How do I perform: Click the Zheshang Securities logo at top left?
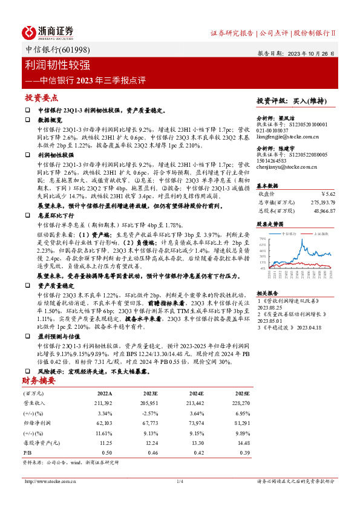(48, 31)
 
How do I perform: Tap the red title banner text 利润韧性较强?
(57, 65)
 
